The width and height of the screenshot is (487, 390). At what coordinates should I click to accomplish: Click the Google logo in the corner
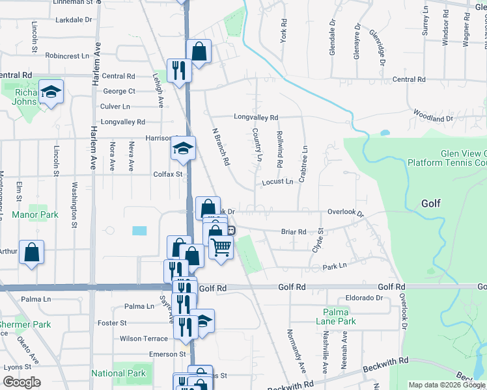21,382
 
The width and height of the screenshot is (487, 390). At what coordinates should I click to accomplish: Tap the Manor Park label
35,214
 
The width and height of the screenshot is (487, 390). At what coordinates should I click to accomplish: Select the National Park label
118,374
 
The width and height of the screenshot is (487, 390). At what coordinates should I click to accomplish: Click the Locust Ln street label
277,182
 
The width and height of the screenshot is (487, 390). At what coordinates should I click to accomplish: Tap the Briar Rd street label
293,231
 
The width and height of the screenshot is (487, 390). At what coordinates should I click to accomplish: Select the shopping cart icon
221,247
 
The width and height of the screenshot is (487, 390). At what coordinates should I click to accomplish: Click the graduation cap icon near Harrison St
183,148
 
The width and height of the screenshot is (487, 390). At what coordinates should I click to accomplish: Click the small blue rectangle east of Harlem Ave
139,231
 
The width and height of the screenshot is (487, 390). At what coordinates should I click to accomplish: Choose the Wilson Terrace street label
144,339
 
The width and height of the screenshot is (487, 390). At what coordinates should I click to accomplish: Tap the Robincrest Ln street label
67,56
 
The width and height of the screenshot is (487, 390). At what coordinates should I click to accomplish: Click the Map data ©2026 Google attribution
447,385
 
